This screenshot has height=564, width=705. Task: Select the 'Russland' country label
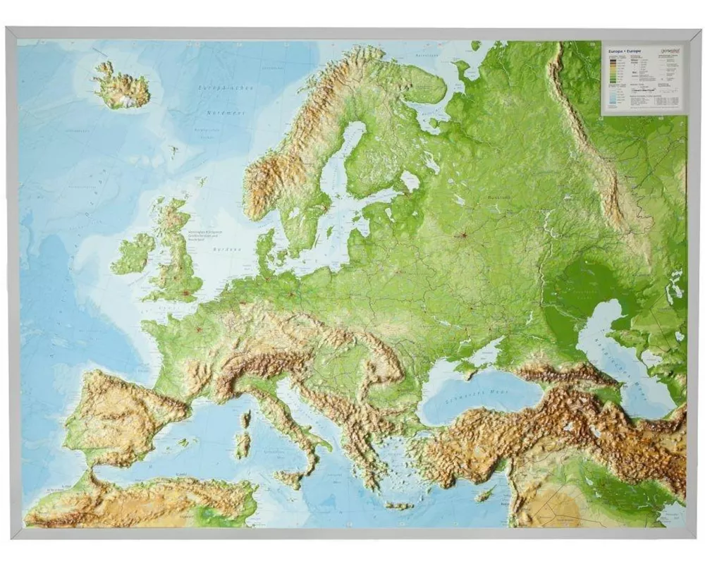click(498, 197)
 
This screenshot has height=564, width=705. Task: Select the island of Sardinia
click(243, 445)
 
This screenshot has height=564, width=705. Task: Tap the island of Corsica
click(246, 419)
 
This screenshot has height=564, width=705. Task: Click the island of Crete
click(398, 505)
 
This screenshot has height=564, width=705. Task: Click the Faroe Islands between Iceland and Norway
click(173, 150)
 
